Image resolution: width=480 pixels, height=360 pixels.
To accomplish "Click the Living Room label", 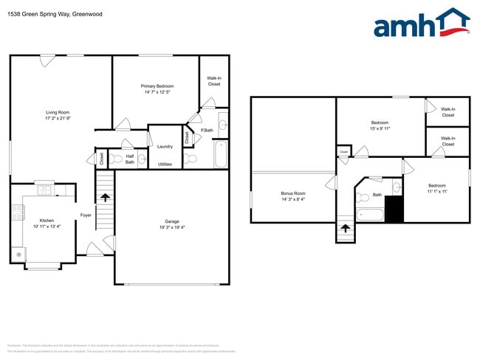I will pos(58,112).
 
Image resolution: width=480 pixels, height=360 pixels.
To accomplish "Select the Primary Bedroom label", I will pos(157,86).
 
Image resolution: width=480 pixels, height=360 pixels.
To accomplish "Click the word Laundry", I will pos(165,146).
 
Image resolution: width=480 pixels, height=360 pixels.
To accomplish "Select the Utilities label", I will pos(165,164).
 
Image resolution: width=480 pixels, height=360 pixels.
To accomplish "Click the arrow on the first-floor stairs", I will pos(105,197).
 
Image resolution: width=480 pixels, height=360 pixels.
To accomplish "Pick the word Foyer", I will pos(86,215).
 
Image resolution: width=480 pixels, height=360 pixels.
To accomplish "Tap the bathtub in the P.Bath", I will pos(219,156).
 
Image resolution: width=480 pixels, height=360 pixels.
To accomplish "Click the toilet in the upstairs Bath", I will pos(363,197).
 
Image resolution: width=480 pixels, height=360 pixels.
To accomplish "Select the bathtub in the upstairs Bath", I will pos(370,215).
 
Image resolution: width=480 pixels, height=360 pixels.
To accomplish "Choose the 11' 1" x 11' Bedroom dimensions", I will pos(437,191).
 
